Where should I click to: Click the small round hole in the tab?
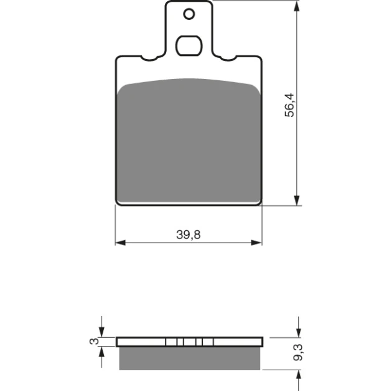tap(189, 14)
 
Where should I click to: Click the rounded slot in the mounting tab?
tap(189, 45)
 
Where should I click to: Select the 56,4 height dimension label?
tap(290, 105)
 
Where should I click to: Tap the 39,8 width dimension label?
tap(189, 235)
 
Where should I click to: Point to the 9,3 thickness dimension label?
tap(298, 352)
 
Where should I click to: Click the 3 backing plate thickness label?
tap(94, 341)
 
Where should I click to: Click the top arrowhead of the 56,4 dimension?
tap(297, 6)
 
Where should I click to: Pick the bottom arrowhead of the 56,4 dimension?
tap(297, 200)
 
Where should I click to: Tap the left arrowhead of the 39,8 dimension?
tap(121, 243)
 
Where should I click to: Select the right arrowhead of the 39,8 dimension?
tap(256, 243)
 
